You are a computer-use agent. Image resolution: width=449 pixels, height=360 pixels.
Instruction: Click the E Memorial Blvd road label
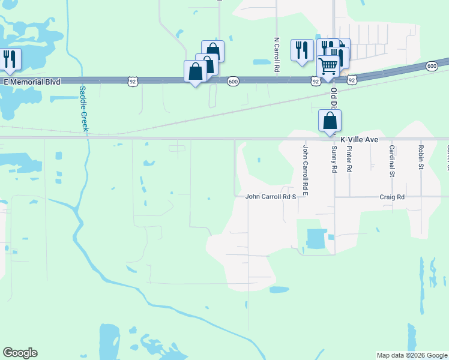[32, 81]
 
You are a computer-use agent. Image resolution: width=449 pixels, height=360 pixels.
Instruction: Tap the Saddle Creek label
[83, 109]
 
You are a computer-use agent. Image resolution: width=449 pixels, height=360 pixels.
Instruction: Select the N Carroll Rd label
[277, 56]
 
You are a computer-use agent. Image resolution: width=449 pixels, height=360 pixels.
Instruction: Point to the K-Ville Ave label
[359, 139]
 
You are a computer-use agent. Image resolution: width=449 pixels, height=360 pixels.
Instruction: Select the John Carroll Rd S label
[271, 196]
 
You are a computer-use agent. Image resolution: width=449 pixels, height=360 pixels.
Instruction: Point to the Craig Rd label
[392, 197]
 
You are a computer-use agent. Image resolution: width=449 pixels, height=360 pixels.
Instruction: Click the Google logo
[20, 353]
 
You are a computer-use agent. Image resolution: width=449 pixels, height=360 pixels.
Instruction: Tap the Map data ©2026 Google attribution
[411, 355]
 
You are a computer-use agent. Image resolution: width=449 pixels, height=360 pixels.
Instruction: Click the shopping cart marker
[328, 66]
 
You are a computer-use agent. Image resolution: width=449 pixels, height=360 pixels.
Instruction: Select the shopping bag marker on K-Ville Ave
[330, 120]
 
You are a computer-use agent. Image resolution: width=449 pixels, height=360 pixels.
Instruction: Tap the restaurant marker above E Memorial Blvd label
[10, 58]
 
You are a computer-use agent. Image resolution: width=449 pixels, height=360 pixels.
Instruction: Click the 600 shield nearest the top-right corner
[432, 66]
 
